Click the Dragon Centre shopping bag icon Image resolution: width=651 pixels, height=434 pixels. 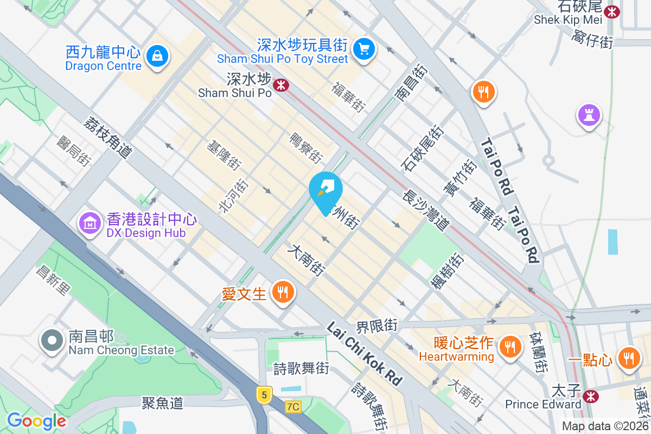click(x=157, y=55)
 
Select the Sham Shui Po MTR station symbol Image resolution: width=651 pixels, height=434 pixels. click(x=280, y=85)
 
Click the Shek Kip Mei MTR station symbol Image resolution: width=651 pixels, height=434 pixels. click(x=612, y=11)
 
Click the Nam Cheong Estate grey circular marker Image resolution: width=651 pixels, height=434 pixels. click(x=52, y=341)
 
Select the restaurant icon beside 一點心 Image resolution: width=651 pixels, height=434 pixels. click(x=629, y=358)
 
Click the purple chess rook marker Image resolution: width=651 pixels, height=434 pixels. click(x=588, y=116)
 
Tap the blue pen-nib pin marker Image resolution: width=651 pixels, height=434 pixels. click(x=325, y=189)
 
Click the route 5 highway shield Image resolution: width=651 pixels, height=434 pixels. click(x=264, y=395)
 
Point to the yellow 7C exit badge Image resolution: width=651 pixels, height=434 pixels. click(x=293, y=406)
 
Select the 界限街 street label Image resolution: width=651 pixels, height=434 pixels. click(x=376, y=326)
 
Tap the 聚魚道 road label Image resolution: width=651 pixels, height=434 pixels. click(x=163, y=403)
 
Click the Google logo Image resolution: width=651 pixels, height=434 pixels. click(x=36, y=421)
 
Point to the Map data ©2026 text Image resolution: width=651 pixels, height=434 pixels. click(x=605, y=426)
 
